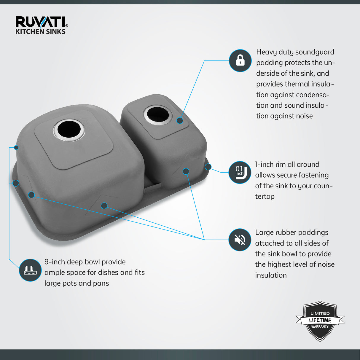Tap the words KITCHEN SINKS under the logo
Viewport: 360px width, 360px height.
[x=41, y=32]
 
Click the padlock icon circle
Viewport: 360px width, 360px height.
[x=240, y=60]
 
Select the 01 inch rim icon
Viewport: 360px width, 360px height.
[x=240, y=172]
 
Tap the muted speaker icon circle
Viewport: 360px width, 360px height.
[x=240, y=240]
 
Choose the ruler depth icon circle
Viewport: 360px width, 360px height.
[x=30, y=270]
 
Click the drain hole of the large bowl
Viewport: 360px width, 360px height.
[x=69, y=130]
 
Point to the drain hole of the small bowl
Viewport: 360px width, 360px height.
[x=158, y=114]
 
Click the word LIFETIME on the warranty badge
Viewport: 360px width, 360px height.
[x=320, y=321]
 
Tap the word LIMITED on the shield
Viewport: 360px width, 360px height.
[x=320, y=313]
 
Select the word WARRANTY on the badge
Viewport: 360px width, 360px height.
[x=320, y=327]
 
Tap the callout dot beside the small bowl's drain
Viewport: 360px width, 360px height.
[x=180, y=120]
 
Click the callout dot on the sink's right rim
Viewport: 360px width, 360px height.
[x=208, y=167]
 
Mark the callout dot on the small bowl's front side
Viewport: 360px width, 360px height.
[x=186, y=171]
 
